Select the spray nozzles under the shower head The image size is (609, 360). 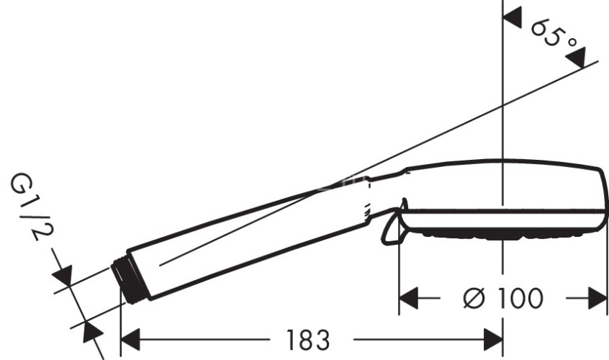(x=497, y=235)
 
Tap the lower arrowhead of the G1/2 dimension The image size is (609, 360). (x=91, y=333)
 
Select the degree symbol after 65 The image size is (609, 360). (x=572, y=45)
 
